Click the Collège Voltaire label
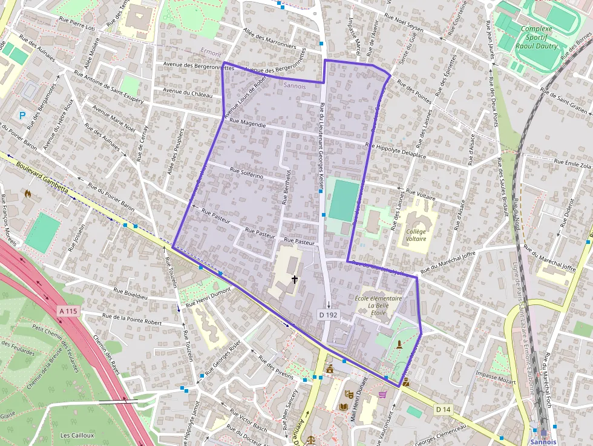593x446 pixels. tap(416, 235)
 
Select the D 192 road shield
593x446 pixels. tap(327, 315)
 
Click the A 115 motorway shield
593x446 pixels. tap(69, 311)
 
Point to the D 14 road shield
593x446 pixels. tap(444, 410)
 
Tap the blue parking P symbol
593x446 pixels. tap(23, 114)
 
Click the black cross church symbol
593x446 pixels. tap(295, 280)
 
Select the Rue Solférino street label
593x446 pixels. tap(246, 173)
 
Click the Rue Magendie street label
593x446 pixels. tap(248, 124)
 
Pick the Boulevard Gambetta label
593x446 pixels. tap(42, 176)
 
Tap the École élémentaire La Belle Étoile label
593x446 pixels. tap(379, 306)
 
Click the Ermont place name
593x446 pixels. tap(211, 53)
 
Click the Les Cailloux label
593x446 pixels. tap(77, 435)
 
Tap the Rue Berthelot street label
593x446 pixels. tap(286, 186)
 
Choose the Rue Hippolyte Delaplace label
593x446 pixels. tap(396, 151)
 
